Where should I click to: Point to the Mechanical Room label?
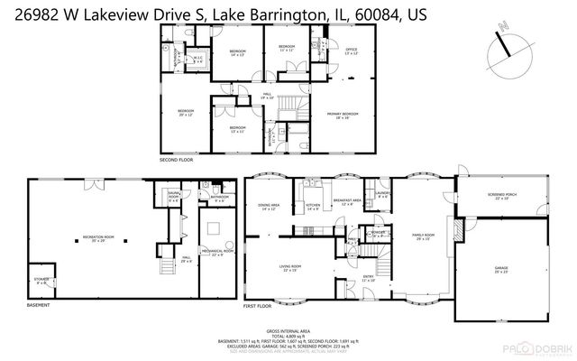pos(216,254)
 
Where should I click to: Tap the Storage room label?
pos(40,281)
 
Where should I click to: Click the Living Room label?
pos(289,270)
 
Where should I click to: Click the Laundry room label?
pos(382,193)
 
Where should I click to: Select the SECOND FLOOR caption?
pos(177,160)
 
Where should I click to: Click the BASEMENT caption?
pos(38,305)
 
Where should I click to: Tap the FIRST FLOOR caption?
pos(259,306)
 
